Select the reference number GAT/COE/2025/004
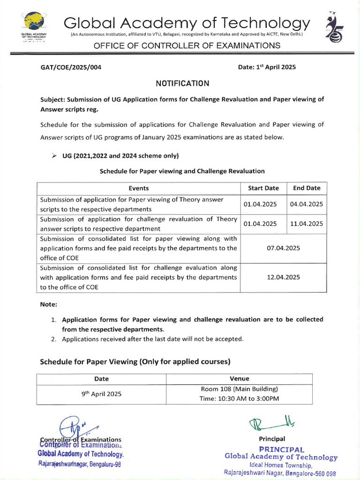[x=71, y=67]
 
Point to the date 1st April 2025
[x=267, y=67]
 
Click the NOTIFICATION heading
[x=182, y=83]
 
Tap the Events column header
[x=138, y=188]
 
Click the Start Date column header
[x=263, y=188]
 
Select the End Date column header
[x=307, y=188]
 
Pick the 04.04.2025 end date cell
[x=307, y=204]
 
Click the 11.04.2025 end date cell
[x=307, y=224]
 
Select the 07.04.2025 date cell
[x=283, y=247]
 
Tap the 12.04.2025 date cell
[x=283, y=277]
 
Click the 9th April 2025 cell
[x=101, y=394]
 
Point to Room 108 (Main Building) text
[x=239, y=389]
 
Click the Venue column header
[x=239, y=378]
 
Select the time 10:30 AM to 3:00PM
[x=239, y=399]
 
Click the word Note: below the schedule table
[x=48, y=304]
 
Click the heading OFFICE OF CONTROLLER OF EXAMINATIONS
[x=187, y=45]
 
